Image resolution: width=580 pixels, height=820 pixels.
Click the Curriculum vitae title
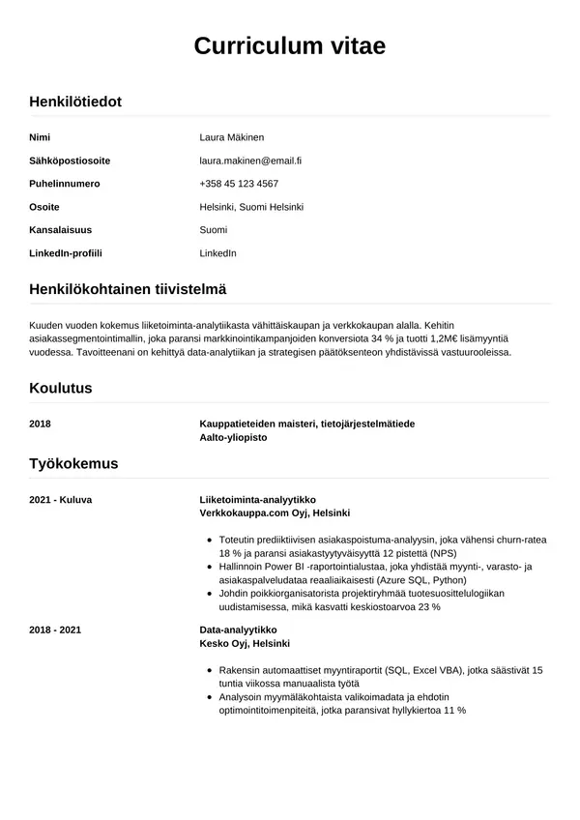pos(290,45)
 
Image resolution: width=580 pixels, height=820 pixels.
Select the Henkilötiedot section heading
pos(75,102)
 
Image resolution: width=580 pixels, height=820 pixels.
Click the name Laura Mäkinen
pos(231,137)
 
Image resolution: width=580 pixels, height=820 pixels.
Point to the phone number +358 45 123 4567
pos(239,184)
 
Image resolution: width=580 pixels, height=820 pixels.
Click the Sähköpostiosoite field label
pos(70,161)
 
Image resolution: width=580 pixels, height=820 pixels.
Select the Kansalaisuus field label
pos(60,230)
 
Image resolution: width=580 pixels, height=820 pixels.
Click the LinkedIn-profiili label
pos(66,253)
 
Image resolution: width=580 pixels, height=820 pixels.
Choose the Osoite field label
pos(44,207)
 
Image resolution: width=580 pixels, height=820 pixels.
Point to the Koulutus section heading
pos(61,388)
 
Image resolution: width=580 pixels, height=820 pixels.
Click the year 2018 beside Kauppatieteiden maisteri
pos(41,424)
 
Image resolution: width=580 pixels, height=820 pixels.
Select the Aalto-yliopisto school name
pos(233,437)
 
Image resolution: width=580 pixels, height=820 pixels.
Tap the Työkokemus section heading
pos(73,463)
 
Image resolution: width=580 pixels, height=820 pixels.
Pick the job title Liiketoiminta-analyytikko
pos(257,499)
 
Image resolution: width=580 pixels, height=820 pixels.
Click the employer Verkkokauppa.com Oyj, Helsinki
pos(275,512)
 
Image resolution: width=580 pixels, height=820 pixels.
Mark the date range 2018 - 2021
pos(55,630)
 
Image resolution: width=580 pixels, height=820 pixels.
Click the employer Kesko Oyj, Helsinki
pos(245,643)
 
